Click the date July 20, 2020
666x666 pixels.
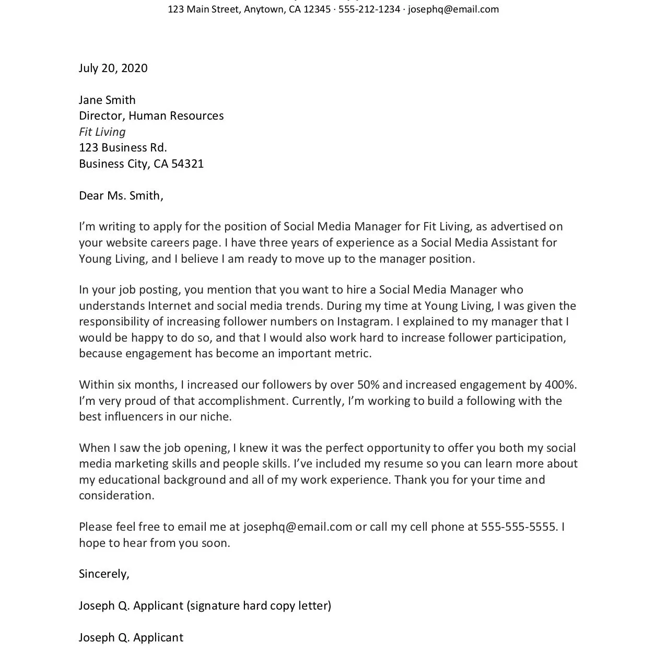point(113,68)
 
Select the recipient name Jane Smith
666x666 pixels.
point(107,100)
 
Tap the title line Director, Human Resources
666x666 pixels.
point(151,116)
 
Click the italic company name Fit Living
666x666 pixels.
point(102,132)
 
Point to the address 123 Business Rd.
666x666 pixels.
point(123,148)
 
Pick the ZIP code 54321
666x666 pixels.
point(188,164)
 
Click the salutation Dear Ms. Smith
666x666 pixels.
point(121,196)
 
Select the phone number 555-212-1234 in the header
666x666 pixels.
point(369,9)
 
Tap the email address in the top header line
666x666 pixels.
point(453,9)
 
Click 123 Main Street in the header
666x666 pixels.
point(203,9)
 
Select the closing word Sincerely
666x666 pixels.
point(103,574)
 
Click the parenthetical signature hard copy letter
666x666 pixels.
point(259,606)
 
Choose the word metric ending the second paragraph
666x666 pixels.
point(353,354)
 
